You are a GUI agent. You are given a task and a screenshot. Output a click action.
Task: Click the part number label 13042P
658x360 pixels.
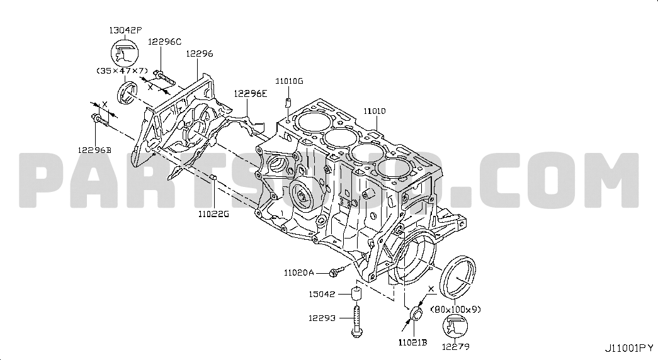click(125, 30)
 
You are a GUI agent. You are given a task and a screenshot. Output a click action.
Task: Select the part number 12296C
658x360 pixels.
click(164, 42)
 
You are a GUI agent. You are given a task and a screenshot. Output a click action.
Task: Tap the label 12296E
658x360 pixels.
click(250, 94)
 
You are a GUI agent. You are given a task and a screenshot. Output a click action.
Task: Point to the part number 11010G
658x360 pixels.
click(289, 81)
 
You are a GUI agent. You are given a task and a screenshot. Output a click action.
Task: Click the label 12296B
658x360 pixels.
click(94, 150)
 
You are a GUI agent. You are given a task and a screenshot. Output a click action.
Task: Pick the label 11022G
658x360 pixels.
click(213, 214)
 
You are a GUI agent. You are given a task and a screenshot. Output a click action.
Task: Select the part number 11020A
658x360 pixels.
click(299, 273)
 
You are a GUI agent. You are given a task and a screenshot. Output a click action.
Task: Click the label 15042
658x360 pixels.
click(322, 294)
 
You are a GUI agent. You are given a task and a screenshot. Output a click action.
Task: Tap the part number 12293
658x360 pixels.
click(322, 318)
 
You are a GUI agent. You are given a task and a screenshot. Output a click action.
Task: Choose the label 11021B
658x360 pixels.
click(412, 342)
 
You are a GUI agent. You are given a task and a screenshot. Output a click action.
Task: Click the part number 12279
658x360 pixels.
click(456, 347)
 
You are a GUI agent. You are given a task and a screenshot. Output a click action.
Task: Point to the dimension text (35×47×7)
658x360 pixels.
click(122, 70)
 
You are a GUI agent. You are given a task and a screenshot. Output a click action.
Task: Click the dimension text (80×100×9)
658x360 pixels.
click(456, 310)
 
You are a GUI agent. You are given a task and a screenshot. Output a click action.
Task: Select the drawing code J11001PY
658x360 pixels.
click(629, 348)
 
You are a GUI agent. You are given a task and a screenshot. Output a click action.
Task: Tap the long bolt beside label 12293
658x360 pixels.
click(356, 322)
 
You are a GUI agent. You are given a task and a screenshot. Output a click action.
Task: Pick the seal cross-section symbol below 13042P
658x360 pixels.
click(124, 53)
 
